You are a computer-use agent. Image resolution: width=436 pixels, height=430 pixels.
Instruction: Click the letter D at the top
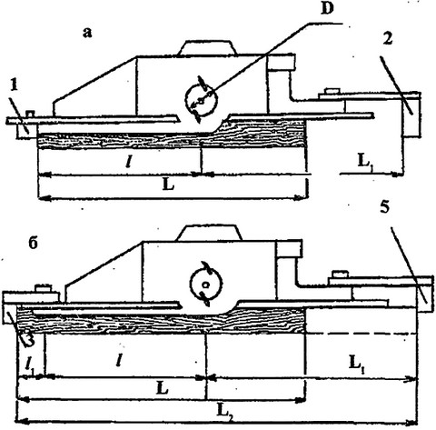(x=327, y=8)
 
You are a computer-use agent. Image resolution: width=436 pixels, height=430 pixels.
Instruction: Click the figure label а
(x=87, y=33)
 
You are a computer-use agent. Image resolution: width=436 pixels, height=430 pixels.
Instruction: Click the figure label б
(x=33, y=243)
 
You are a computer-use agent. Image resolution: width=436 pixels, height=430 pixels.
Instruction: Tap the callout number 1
(x=14, y=85)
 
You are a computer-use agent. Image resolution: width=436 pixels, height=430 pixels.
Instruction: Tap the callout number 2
(x=388, y=39)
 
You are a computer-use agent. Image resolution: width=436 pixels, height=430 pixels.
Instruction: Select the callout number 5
(x=384, y=207)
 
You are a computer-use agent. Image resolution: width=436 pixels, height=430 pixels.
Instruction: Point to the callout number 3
(x=28, y=338)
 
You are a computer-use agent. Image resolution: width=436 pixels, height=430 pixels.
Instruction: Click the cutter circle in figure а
(x=202, y=100)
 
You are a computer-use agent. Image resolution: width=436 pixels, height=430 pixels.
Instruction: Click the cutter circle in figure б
(x=206, y=284)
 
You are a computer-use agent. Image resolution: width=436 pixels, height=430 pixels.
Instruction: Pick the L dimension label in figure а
(x=168, y=184)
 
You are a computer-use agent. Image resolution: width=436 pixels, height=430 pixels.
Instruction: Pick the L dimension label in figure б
(x=163, y=389)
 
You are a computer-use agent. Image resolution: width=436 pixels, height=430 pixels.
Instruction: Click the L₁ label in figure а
(x=365, y=162)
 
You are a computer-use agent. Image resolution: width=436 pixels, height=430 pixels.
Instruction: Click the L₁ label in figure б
(x=357, y=363)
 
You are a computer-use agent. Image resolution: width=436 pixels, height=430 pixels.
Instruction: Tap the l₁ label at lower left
(x=30, y=366)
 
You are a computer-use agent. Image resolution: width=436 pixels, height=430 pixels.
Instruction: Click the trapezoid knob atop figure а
(x=207, y=47)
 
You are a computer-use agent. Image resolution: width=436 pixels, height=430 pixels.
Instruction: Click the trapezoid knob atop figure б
(x=210, y=233)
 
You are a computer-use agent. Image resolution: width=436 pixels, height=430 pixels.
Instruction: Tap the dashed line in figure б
(x=361, y=334)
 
